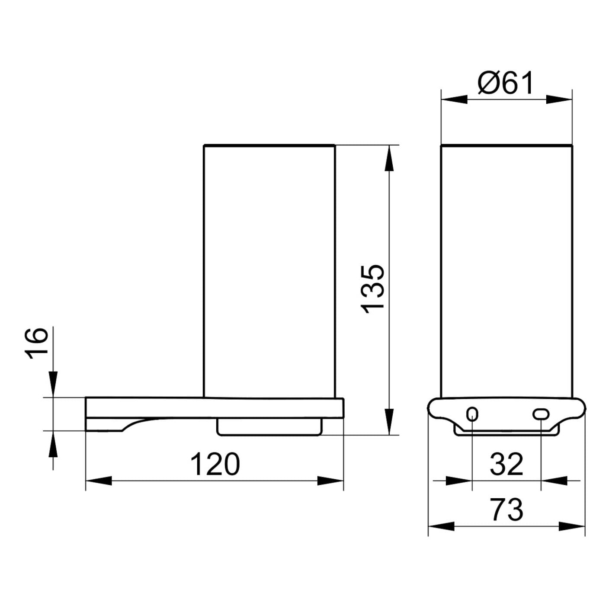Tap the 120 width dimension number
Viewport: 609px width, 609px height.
(x=215, y=464)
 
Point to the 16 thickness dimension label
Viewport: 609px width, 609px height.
(x=36, y=343)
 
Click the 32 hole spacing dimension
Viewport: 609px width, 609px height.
(x=506, y=464)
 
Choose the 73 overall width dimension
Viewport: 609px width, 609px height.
(x=506, y=510)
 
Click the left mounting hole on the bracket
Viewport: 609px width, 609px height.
(x=472, y=413)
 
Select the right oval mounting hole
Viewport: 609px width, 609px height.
(x=541, y=414)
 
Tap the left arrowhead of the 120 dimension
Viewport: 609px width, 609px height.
(x=99, y=481)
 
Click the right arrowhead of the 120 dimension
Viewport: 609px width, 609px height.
(x=330, y=481)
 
